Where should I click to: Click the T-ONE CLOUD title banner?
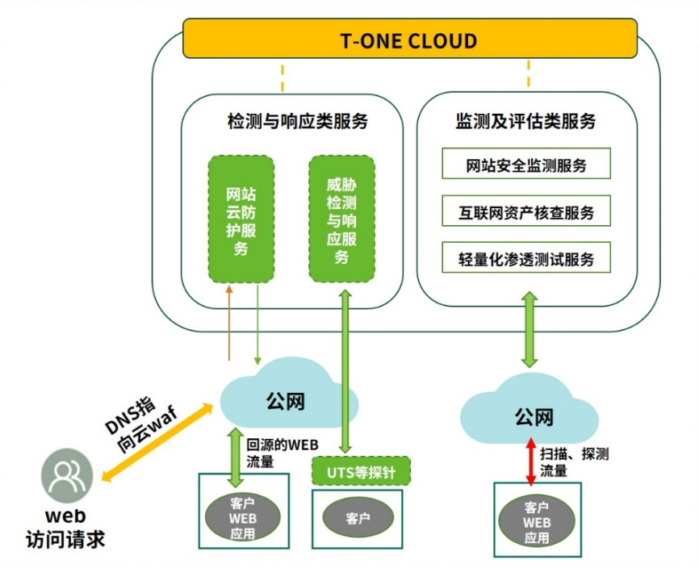(409, 40)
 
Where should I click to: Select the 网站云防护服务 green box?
(241, 219)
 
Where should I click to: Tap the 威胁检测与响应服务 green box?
(341, 219)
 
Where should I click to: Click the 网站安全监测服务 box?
(526, 166)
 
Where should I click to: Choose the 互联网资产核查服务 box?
(526, 213)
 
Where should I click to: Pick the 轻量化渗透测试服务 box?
(526, 259)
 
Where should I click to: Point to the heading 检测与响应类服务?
(297, 122)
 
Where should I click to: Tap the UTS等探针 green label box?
(361, 470)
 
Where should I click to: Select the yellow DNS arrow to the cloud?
(154, 444)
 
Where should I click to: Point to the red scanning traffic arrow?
(531, 461)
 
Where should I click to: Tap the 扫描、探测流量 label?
(574, 462)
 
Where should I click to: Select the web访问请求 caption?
(65, 528)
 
